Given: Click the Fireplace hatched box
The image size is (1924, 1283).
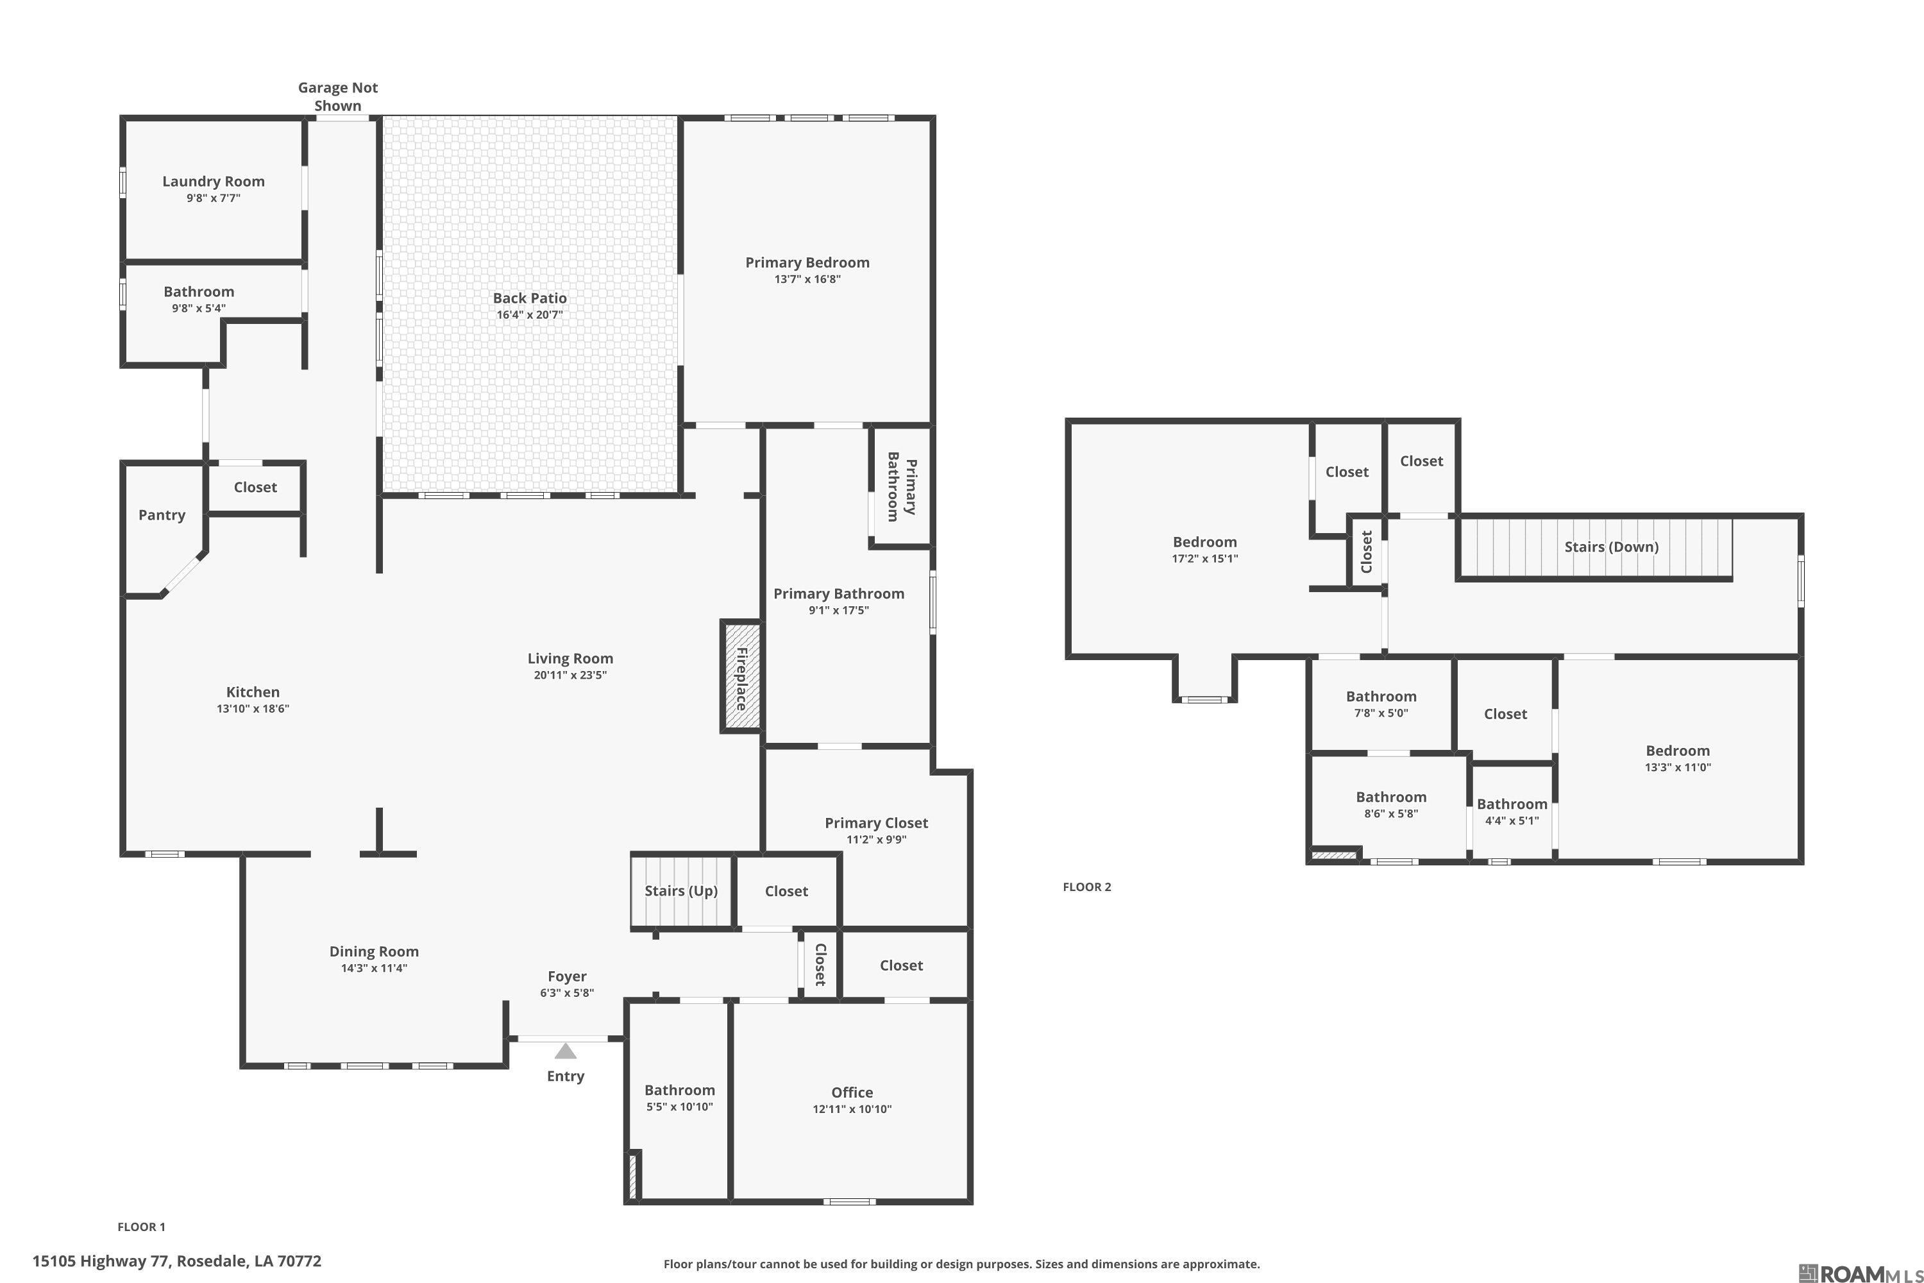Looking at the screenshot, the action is [x=741, y=676].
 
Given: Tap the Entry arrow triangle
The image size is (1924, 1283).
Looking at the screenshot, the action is [x=565, y=1051].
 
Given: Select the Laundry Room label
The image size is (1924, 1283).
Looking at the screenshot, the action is [x=214, y=182].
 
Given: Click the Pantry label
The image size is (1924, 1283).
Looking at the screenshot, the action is [x=162, y=514].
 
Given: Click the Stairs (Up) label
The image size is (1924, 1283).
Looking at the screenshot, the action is [x=681, y=890].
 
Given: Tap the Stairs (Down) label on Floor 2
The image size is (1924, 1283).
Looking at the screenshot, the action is [x=1612, y=547].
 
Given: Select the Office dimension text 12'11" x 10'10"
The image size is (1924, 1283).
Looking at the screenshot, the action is [x=852, y=1109].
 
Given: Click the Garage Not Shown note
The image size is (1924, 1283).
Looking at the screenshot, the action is [x=338, y=97].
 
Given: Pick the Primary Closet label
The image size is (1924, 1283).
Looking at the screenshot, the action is [x=876, y=823].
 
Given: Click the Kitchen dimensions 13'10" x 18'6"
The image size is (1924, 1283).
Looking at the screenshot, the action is [x=253, y=709].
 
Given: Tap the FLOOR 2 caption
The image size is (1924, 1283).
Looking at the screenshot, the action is [x=1087, y=887].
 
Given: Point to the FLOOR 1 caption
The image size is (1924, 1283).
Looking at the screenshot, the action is [x=142, y=1227].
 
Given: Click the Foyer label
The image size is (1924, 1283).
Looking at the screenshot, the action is [x=567, y=976].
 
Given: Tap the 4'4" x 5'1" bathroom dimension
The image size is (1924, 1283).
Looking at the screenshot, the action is [x=1512, y=820].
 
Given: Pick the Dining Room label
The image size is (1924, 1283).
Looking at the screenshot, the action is [x=374, y=951].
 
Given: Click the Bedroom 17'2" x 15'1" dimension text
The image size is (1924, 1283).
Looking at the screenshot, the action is [x=1205, y=559].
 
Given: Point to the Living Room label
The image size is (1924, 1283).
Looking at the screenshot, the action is [x=570, y=659].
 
